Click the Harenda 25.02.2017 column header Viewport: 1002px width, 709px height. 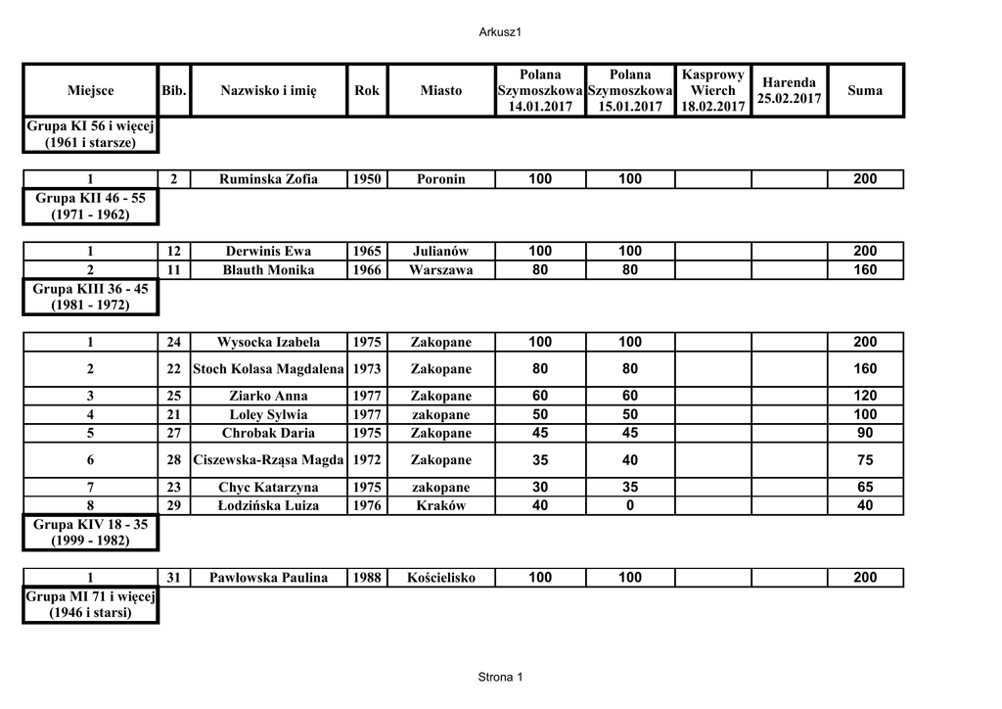789,91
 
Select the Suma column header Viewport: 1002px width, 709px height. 865,91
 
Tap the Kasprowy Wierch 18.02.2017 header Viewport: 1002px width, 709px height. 712,91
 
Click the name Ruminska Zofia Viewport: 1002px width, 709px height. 269,179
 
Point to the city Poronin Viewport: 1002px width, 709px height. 440,179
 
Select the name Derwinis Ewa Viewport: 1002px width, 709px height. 268,252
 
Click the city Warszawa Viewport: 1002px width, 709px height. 440,270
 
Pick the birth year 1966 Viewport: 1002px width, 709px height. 367,270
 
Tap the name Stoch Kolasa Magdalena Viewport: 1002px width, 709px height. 269,369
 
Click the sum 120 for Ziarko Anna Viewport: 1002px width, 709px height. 865,396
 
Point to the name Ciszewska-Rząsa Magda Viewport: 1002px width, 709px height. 269,460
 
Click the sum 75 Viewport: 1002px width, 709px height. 865,460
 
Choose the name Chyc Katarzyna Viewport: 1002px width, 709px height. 268,488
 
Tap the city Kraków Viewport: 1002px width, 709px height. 440,506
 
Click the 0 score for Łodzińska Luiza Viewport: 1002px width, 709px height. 629,506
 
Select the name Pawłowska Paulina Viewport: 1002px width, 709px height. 268,578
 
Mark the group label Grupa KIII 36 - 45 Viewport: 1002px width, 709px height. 90,298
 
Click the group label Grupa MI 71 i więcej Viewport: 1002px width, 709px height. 90,605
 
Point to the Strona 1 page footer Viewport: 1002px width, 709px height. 501,678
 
